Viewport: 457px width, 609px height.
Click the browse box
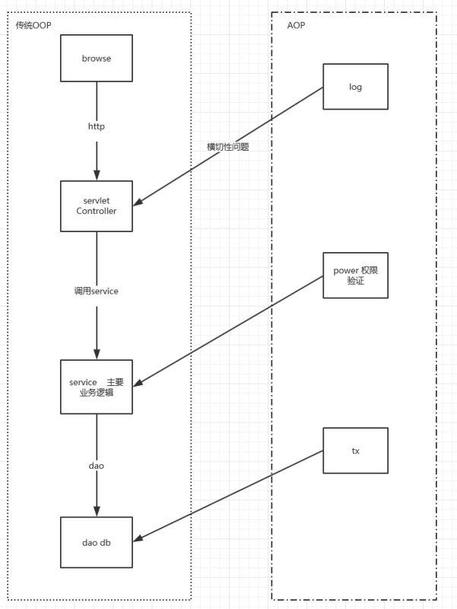97,58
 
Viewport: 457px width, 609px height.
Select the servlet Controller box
97,206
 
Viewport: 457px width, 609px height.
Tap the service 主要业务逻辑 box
97,387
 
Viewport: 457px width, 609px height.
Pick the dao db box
97,540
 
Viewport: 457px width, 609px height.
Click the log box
355,87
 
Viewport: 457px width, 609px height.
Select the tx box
355,451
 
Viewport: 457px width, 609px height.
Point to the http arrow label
97,126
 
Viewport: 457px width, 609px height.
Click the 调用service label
97,292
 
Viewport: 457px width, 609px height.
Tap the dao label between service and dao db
96,464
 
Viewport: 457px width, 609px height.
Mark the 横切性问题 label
228,147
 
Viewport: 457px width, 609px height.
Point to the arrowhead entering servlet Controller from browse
97,174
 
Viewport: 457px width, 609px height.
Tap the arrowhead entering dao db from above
97,511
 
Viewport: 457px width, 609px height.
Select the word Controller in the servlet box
97,212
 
